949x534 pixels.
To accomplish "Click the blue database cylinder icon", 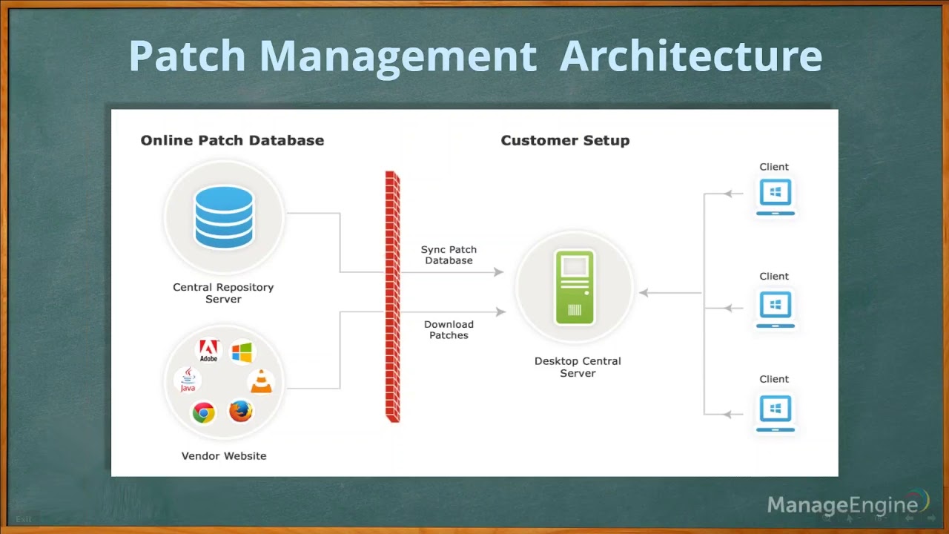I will pyautogui.click(x=223, y=217).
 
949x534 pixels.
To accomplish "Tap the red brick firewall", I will pyautogui.click(x=392, y=297).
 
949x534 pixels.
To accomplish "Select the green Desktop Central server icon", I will pyautogui.click(x=575, y=288).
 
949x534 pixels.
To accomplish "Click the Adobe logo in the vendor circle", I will pyautogui.click(x=208, y=350).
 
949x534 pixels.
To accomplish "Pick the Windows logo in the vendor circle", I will pyautogui.click(x=242, y=352).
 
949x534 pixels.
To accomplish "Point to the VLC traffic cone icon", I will pyautogui.click(x=260, y=380).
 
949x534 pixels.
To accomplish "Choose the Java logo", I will pyautogui.click(x=188, y=379).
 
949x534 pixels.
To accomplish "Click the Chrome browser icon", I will pyautogui.click(x=203, y=412).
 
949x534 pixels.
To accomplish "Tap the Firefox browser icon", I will pyautogui.click(x=241, y=410).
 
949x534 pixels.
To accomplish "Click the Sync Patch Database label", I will pyautogui.click(x=449, y=255).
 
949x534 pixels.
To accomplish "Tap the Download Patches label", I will pyautogui.click(x=449, y=330).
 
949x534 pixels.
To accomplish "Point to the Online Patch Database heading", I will pyautogui.click(x=232, y=140).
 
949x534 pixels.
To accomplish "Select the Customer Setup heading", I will pyautogui.click(x=565, y=140).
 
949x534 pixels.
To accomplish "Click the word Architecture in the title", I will pyautogui.click(x=690, y=56).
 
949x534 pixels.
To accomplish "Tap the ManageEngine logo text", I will pyautogui.click(x=842, y=506).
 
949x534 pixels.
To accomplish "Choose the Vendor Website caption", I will pyautogui.click(x=224, y=456).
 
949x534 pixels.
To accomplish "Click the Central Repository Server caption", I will pyautogui.click(x=223, y=293).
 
